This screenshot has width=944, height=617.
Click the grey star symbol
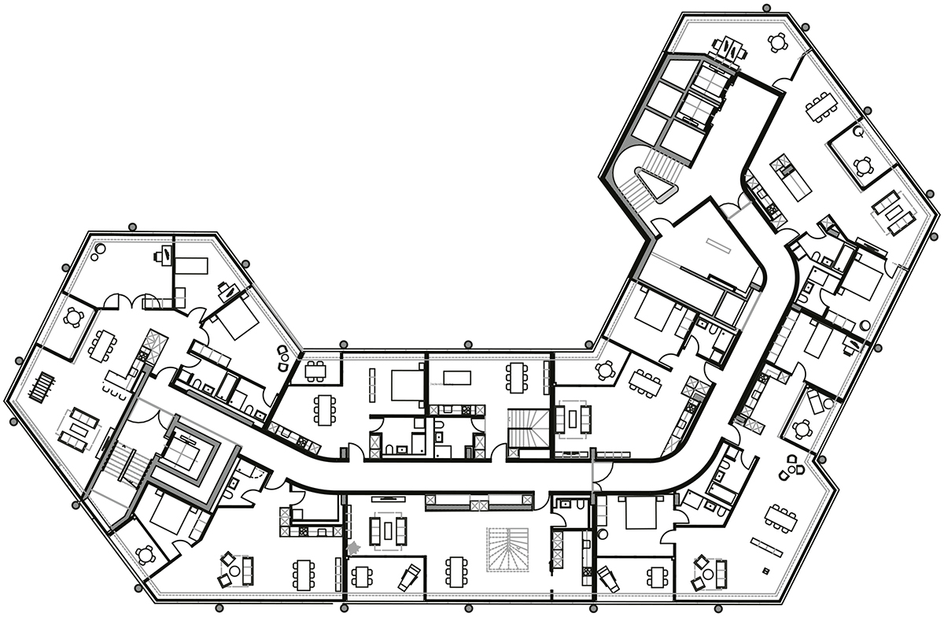pyautogui.click(x=352, y=545)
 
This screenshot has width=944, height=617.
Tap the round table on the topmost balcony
pyautogui.click(x=777, y=42)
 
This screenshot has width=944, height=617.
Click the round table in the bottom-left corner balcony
pyautogui.click(x=143, y=554)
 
